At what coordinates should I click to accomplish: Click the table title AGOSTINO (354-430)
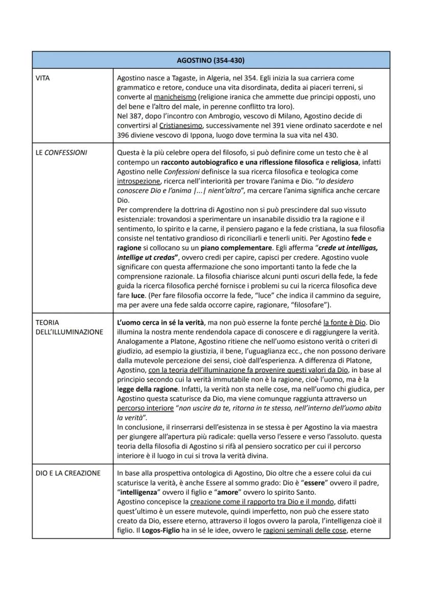point(210,60)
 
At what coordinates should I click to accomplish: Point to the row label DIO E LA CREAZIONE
point(68,473)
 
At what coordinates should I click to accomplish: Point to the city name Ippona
point(208,135)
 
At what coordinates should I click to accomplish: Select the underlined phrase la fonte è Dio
point(345,322)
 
